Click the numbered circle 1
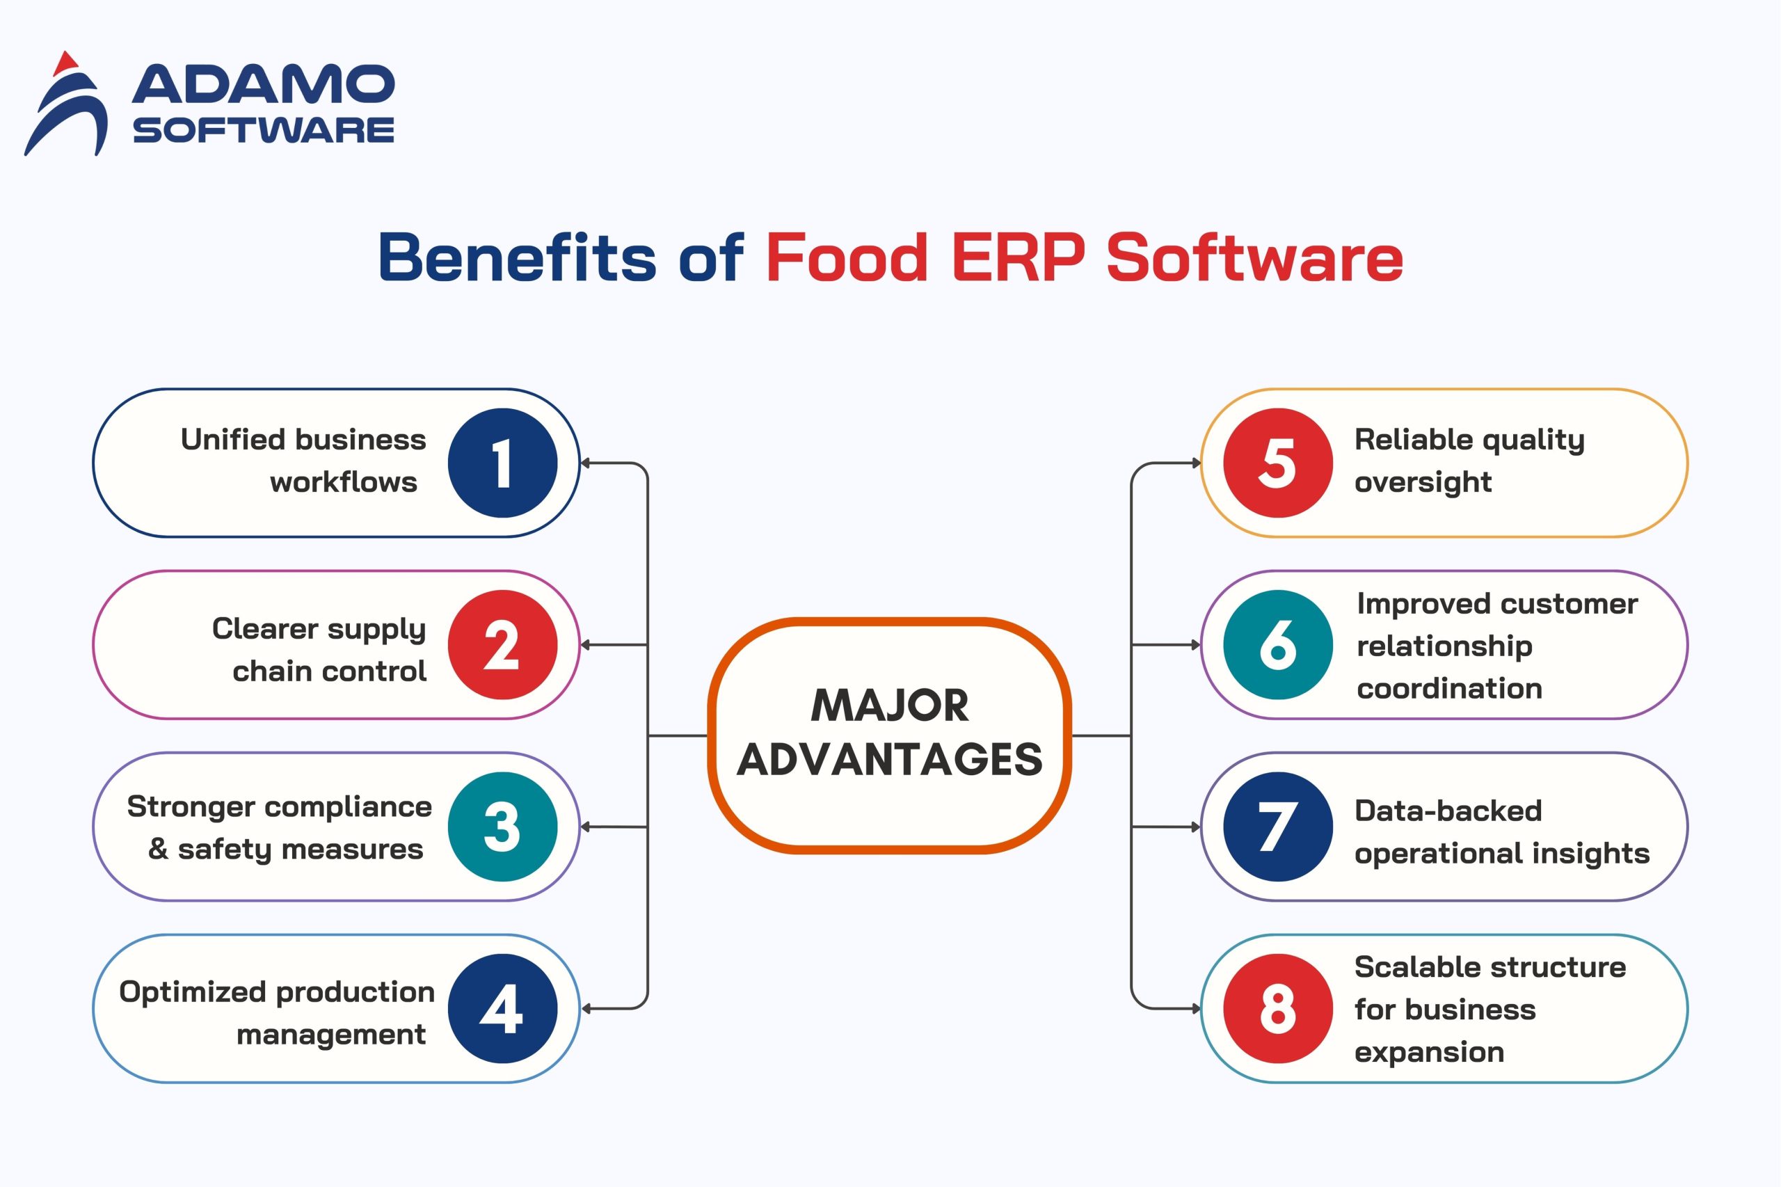click(502, 463)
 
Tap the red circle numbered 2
click(502, 645)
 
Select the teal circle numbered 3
click(502, 827)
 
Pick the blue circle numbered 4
click(502, 1008)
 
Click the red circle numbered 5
click(1277, 463)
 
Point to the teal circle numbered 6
click(1277, 645)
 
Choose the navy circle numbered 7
click(1277, 827)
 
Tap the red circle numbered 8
click(1277, 1008)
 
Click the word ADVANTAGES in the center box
click(890, 760)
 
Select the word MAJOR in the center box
click(890, 706)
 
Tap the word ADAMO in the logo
click(264, 84)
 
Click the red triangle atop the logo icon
click(67, 63)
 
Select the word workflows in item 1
click(344, 482)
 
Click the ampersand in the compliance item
click(158, 849)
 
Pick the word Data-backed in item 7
click(1448, 811)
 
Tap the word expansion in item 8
click(1429, 1052)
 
